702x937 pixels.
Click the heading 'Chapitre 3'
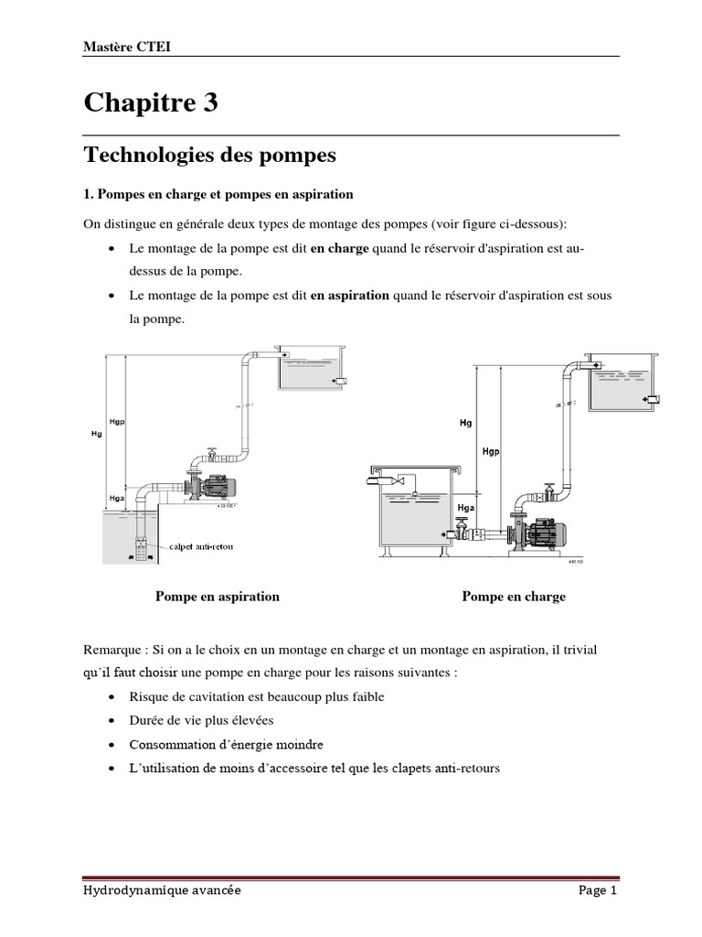(151, 103)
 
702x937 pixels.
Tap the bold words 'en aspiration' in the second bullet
(350, 296)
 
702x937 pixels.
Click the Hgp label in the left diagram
(117, 424)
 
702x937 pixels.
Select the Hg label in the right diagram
(466, 423)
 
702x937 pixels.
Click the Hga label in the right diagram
(467, 508)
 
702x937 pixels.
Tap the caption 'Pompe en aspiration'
(218, 597)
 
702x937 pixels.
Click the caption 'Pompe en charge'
(514, 597)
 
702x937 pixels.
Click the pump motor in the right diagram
(548, 530)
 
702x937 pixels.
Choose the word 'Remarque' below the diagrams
(112, 650)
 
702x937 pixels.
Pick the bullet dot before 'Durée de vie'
(111, 721)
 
